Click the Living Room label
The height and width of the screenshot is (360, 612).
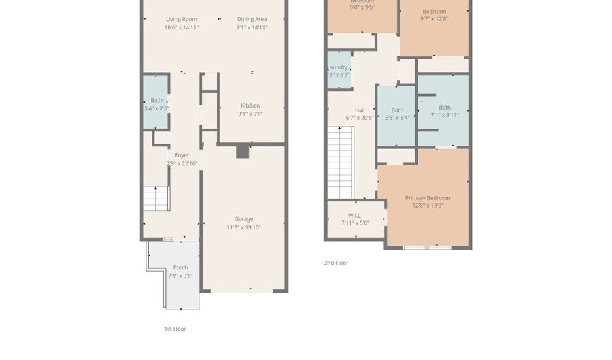point(181,19)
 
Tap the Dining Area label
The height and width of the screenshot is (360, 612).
point(252,19)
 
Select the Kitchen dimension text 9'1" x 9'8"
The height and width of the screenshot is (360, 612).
point(250,114)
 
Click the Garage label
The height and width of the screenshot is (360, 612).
point(243,219)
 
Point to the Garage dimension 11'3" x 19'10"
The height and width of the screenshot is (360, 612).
point(243,228)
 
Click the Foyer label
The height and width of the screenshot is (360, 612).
point(182,155)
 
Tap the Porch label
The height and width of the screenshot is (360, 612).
point(180,267)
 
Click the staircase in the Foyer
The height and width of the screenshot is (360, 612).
point(156,199)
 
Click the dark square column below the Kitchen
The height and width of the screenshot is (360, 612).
point(243,151)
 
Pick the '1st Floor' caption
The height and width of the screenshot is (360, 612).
point(175,329)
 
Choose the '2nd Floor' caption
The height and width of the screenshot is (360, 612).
point(336,263)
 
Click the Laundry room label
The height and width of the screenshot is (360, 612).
point(339,68)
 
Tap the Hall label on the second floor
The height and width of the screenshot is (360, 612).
point(360,110)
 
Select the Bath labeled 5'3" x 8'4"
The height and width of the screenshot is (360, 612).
point(397,114)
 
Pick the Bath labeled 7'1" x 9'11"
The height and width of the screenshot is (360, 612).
point(444,111)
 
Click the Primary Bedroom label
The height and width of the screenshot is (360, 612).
point(428,198)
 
